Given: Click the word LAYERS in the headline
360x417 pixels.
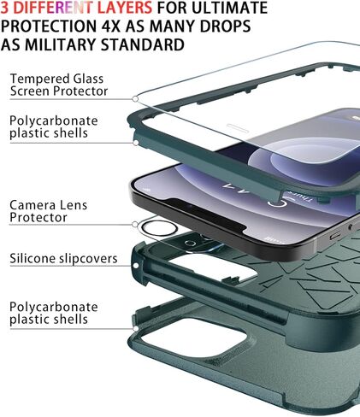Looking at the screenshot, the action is [125, 8].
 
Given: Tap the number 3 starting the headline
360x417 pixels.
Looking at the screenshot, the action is [4, 8].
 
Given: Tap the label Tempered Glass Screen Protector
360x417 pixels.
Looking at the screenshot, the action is [59, 85].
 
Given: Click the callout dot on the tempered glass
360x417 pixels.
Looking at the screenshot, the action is [135, 99].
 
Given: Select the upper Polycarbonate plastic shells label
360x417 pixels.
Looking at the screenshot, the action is [54, 127].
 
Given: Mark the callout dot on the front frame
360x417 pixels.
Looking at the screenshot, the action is [136, 143].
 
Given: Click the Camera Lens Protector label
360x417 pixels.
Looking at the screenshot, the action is [48, 211].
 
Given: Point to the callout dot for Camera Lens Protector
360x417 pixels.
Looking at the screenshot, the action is [135, 224].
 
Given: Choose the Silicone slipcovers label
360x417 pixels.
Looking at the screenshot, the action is [63, 259].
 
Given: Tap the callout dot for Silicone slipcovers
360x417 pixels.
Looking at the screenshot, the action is [136, 266].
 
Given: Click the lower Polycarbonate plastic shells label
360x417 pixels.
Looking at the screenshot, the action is [54, 313].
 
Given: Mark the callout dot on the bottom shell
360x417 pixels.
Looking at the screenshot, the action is [136, 328].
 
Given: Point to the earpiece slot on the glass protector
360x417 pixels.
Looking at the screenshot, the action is [238, 128].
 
